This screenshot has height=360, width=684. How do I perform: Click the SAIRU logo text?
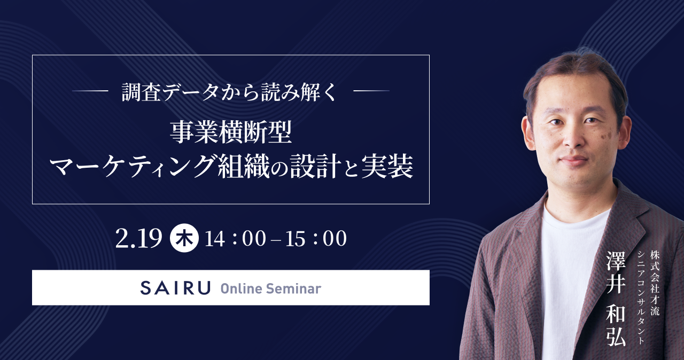point(175,288)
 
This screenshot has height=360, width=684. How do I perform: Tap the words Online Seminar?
point(271,288)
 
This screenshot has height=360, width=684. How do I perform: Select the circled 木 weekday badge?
point(184,238)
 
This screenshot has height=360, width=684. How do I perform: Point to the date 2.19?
point(139,238)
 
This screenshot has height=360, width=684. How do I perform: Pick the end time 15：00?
point(316,238)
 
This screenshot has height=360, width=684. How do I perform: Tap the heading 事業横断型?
point(231,132)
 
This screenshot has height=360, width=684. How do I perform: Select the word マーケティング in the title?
point(133,166)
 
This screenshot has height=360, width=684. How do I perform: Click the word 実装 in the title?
point(387,166)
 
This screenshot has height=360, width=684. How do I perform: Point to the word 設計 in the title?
point(315,166)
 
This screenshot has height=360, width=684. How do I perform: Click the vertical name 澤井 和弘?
point(616,299)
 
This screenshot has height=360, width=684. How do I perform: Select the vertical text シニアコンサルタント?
point(641,298)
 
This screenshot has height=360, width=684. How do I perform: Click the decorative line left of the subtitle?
point(91,91)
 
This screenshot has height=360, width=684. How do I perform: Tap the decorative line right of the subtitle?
point(371,91)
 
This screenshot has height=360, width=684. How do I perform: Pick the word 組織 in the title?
point(244,166)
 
